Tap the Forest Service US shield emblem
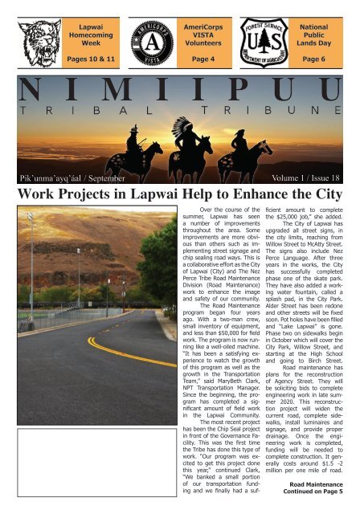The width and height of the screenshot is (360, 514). coord(256,35)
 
